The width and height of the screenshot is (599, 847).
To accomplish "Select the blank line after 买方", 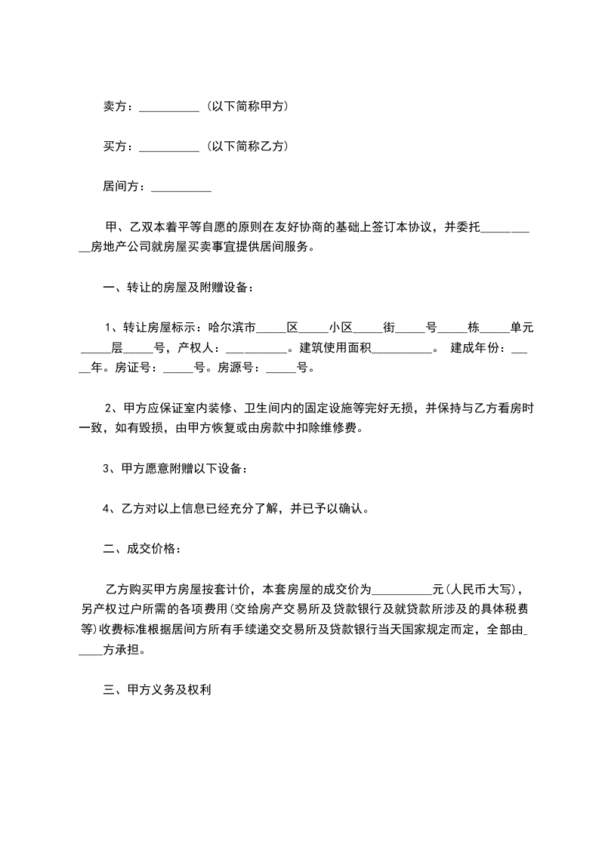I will (170, 146).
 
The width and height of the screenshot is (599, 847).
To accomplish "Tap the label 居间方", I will (122, 186).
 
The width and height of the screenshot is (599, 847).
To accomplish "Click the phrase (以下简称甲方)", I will (246, 107).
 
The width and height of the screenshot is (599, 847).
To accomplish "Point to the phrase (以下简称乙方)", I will (246, 146).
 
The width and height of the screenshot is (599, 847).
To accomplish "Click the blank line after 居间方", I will (182, 186).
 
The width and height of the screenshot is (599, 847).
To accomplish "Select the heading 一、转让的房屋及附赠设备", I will (178, 287).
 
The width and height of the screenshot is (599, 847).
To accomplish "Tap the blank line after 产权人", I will (255, 349).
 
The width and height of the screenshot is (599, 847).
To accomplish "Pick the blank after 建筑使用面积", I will (402, 349).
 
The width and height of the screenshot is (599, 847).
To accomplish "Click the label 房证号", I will (135, 369).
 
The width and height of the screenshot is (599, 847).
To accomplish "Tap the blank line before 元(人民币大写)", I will (402, 588).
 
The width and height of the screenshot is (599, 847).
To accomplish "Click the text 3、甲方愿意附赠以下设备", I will (174, 469).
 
